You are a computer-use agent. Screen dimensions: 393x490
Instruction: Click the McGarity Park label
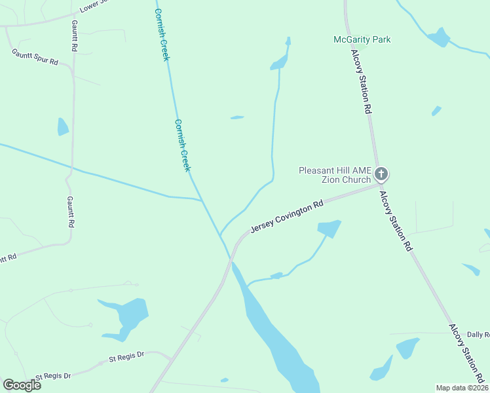[362, 39]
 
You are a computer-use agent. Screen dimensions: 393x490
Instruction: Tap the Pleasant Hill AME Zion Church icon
[381, 174]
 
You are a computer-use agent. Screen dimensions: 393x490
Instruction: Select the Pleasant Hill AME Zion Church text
[335, 175]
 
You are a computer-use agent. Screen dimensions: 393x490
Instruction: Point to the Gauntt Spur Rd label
[35, 57]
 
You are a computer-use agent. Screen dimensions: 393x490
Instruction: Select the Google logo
[22, 384]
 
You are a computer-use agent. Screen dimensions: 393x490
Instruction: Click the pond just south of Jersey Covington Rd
[329, 229]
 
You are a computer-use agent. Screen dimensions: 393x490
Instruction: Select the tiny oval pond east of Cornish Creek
[237, 118]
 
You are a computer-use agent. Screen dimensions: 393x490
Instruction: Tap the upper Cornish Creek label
[162, 35]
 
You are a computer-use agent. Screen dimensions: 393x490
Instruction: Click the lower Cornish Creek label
[182, 145]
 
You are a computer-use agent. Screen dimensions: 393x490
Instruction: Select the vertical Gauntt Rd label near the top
[75, 35]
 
